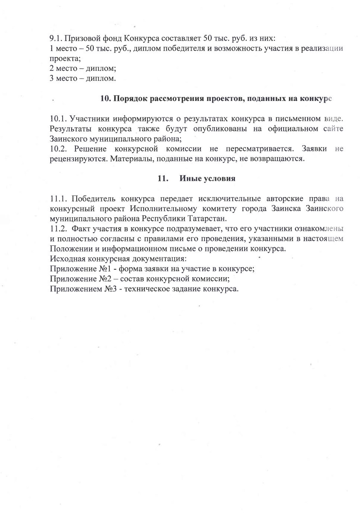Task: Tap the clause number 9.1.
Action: (x=56, y=38)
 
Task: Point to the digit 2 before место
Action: (x=52, y=69)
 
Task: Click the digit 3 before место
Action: (x=52, y=79)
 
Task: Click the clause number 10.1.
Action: (x=58, y=119)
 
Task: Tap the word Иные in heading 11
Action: (x=190, y=178)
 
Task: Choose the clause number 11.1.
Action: (x=58, y=198)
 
